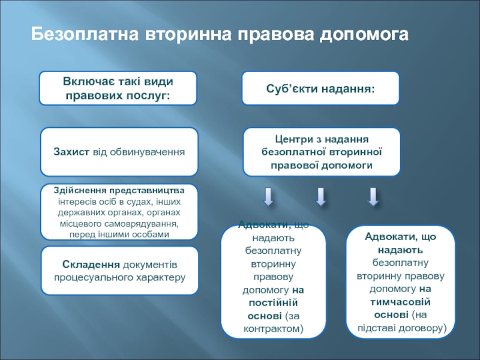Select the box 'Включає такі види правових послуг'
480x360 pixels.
[118, 87]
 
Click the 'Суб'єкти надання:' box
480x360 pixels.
[320, 88]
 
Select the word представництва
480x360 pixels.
[152, 190]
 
